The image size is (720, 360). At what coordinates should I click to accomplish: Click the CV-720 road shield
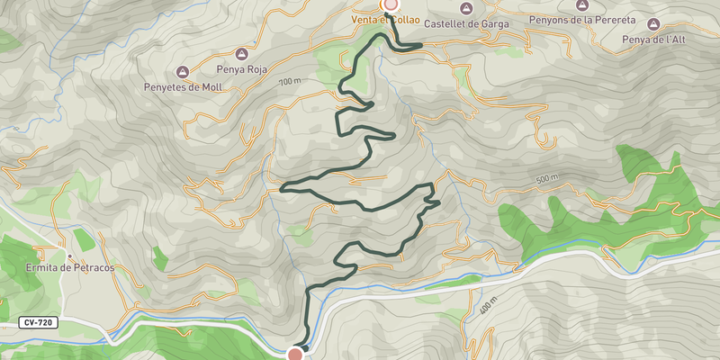pos(38,322)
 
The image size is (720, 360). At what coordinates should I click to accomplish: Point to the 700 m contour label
pos(288,82)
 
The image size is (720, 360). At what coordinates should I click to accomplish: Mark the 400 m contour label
pos(489,306)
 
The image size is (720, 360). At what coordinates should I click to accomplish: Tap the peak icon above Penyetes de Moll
pos(182,71)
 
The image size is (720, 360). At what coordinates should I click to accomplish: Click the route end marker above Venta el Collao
pos(391,4)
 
